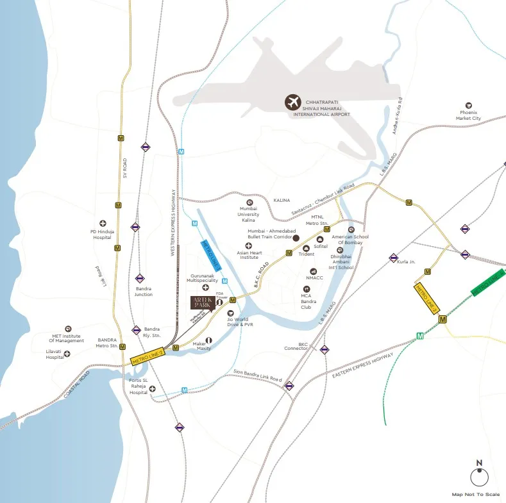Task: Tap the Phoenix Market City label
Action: coord(468,115)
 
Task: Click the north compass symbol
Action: coord(478,477)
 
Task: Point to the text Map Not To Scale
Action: coord(476,494)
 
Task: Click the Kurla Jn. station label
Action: coord(407,262)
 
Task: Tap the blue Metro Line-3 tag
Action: coord(212,252)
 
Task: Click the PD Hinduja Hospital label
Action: coord(102,234)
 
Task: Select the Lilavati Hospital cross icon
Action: coord(67,353)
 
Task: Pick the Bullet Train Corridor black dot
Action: coord(296,238)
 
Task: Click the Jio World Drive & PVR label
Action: coord(237,322)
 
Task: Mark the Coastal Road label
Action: coord(78,385)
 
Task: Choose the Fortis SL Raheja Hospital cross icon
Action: coord(153,388)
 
